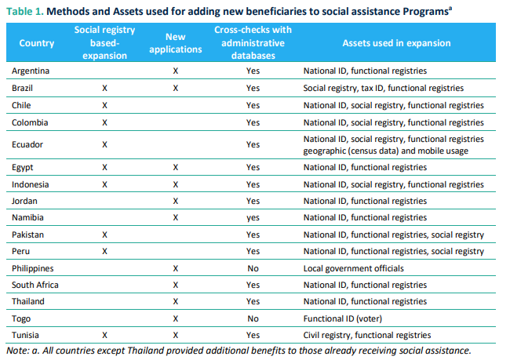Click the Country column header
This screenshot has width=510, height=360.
36,43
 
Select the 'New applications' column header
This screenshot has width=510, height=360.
175,43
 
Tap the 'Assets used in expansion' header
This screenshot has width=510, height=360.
395,43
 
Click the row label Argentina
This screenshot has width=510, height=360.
31,71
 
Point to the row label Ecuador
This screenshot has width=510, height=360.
27,144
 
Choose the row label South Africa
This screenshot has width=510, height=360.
35,285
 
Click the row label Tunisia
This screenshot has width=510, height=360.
27,335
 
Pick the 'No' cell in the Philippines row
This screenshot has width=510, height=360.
252,268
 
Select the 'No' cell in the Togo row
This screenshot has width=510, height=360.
252,318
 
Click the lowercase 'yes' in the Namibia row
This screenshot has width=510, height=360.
252,218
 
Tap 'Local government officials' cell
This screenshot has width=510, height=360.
354,268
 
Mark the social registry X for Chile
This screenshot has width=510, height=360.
104,105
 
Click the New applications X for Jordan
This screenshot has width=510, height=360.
175,202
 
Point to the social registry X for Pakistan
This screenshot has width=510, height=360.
104,235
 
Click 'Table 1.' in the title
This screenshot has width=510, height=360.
27,9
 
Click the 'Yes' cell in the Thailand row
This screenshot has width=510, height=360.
252,301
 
